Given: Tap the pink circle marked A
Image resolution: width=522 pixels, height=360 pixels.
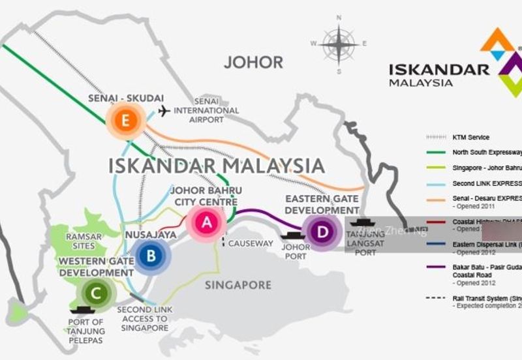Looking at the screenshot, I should click(207, 222).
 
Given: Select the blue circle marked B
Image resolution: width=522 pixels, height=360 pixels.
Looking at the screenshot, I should click(151, 255).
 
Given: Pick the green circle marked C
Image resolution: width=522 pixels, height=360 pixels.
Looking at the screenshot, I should click(97, 293).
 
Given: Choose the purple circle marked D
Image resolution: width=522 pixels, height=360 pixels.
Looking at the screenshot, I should click(321, 232).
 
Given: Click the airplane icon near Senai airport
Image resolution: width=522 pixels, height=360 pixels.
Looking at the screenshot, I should click(164, 110).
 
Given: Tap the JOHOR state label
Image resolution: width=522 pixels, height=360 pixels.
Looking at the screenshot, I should click(253, 63).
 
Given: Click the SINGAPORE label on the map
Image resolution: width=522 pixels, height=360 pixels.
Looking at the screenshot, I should click(238, 285).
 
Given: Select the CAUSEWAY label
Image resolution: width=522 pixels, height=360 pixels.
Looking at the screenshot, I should click(251, 244).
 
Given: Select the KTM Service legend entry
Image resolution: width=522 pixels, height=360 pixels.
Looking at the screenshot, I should click(470, 138).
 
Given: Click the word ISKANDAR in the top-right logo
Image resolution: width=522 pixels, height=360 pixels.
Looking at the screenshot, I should click(438, 70).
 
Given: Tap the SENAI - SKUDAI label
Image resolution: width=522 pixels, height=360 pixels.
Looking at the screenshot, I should click(125, 98).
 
